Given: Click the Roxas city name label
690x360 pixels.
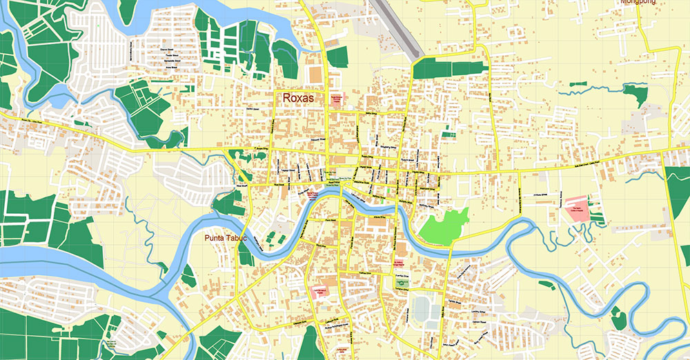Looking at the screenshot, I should [298, 99].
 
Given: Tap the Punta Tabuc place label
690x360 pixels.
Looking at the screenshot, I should [226, 239].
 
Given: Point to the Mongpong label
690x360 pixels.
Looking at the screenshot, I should [638, 2].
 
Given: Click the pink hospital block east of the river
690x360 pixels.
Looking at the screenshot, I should [578, 209].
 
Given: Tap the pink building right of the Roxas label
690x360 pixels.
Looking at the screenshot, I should [337, 99].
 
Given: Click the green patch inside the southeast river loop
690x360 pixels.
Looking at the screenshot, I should [618, 319].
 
